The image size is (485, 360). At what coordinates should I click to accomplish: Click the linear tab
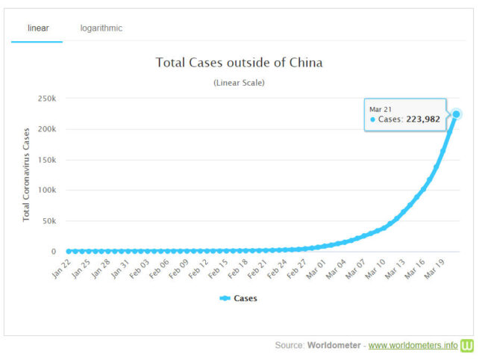point(38,28)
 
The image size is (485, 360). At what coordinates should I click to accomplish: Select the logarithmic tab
point(101,28)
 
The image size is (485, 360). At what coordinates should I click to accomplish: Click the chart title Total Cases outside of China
point(239,63)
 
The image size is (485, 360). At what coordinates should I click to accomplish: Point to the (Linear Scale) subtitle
point(239,83)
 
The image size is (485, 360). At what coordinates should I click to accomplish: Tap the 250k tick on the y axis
point(47,99)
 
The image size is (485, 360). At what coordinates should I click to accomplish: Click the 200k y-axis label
point(47,129)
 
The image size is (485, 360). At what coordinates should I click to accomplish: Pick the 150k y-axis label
point(47,160)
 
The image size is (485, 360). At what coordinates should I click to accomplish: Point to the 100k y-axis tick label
point(47,190)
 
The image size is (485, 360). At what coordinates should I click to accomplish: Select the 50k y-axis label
point(49,221)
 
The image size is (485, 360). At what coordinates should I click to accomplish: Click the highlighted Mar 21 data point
point(456,114)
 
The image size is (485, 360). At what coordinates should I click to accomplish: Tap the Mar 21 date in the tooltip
point(381,109)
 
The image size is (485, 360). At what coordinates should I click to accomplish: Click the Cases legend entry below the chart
point(239,298)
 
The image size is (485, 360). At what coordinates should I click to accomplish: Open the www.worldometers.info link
point(413,345)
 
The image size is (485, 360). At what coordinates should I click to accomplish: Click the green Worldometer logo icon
point(468,345)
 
